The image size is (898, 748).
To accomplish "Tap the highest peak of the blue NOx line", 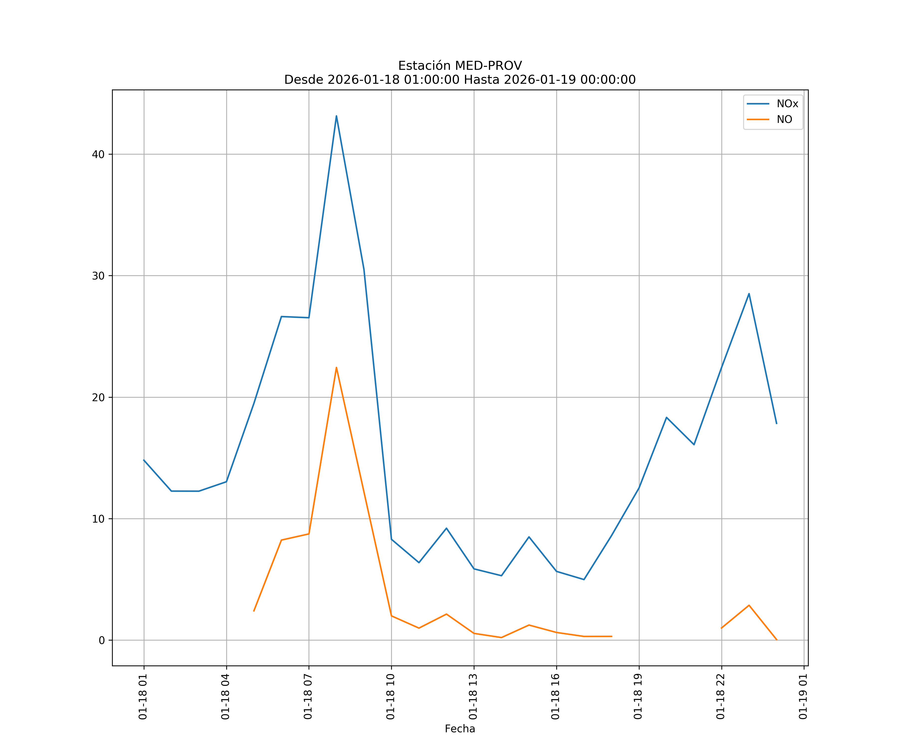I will [x=337, y=116].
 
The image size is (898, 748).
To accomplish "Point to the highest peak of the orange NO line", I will [x=337, y=367].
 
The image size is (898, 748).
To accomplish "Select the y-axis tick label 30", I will [x=98, y=276].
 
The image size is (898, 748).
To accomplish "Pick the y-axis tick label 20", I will [x=98, y=397].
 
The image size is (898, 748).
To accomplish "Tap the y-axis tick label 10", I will [x=98, y=519].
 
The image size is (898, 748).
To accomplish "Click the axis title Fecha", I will [x=460, y=729].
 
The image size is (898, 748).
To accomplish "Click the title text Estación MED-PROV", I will [x=460, y=66].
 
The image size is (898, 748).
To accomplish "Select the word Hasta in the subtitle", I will [x=481, y=80].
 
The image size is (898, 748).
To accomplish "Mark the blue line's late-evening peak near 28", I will [x=749, y=294].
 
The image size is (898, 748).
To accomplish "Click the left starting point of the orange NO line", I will [x=254, y=611].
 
